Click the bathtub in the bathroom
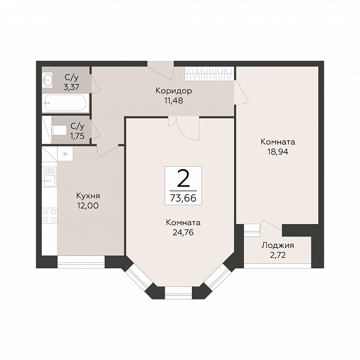(x=65, y=103)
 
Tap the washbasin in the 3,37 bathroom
(x=48, y=79)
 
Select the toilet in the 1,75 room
(x=59, y=130)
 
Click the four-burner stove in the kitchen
(x=50, y=215)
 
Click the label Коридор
(x=174, y=91)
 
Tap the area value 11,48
(x=174, y=101)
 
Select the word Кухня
(x=88, y=196)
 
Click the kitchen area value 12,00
(x=88, y=206)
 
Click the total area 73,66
(x=183, y=198)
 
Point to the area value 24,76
(x=183, y=233)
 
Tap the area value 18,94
(x=278, y=152)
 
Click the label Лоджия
(x=278, y=245)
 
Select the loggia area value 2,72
(x=278, y=255)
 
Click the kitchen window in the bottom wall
(x=81, y=262)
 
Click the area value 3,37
(x=71, y=87)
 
